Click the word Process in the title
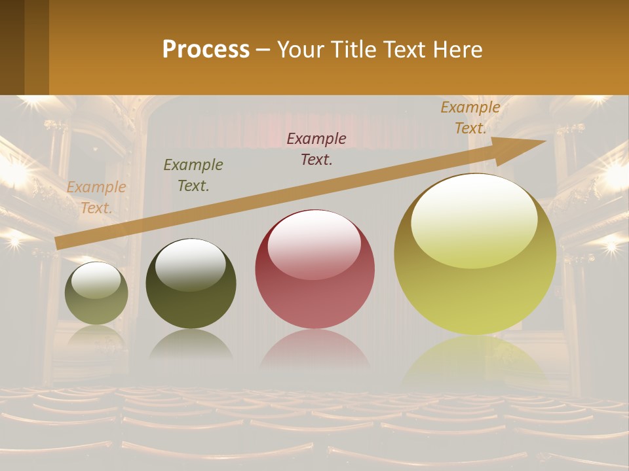pos(206,49)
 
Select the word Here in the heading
pos(457,49)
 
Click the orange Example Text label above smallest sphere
pos(96,198)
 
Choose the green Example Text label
pos(193,175)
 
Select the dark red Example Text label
pos(316,148)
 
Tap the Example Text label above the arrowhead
pos(470,117)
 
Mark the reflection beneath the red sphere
pos(314,353)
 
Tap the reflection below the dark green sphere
pos(191,345)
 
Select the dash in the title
pos(263,50)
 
